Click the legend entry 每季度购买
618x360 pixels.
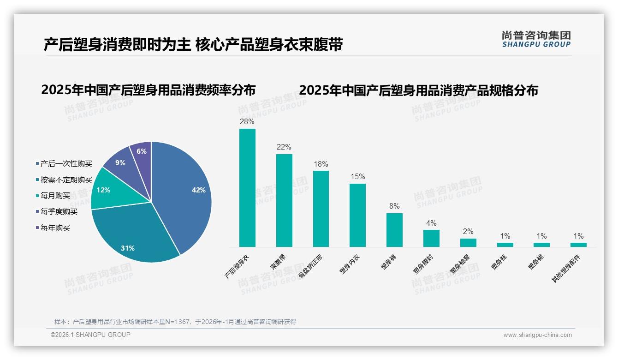(59, 212)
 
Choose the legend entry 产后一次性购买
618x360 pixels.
(66, 164)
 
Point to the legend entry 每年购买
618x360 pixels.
(55, 228)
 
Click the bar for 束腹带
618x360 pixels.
(284, 200)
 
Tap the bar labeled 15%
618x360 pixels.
(357, 215)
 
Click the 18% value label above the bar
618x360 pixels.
(321, 164)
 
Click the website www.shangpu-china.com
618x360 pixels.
(537, 335)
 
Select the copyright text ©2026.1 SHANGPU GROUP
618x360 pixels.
(90, 335)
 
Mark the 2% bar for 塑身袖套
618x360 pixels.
(468, 242)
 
